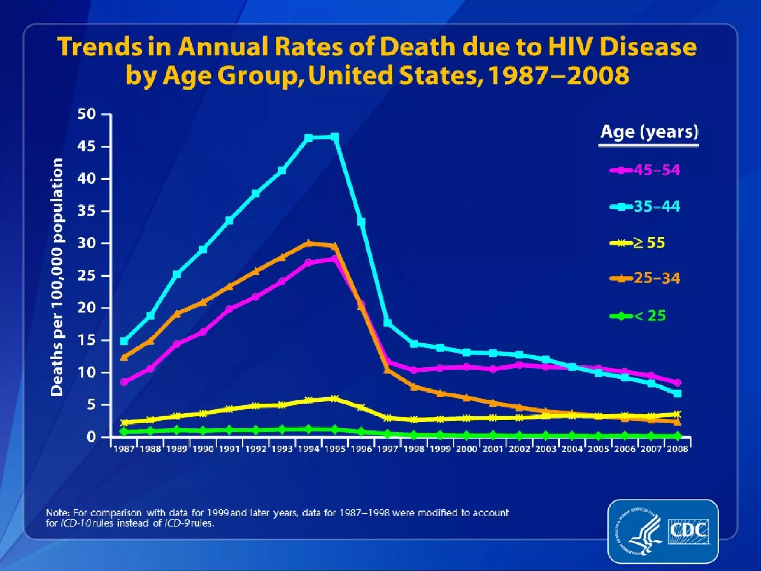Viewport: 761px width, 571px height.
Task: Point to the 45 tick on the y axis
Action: point(87,146)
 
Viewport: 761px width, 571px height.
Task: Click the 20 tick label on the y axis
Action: point(87,308)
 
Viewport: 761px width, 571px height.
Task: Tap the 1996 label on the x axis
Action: point(361,449)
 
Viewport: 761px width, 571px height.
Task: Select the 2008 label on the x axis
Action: point(678,449)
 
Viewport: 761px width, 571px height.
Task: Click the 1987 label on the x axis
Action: point(124,449)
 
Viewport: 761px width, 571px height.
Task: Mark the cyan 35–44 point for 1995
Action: point(334,137)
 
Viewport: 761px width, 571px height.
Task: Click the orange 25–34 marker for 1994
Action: point(308,243)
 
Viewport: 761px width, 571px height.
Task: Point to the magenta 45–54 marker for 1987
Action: point(124,382)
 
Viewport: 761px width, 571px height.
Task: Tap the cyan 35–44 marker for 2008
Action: point(678,394)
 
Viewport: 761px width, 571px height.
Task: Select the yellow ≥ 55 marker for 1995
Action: point(334,399)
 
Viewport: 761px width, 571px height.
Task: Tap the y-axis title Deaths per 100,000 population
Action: point(56,277)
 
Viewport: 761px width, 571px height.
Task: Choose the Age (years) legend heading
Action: point(649,132)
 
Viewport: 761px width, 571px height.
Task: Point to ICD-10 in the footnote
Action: point(75,523)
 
